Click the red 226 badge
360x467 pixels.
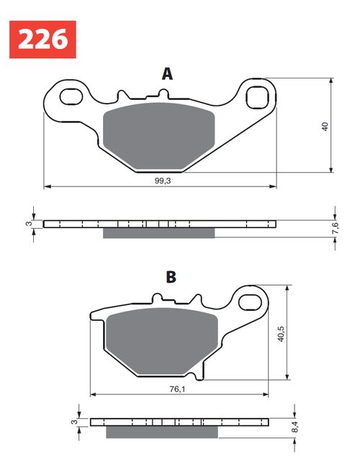click(x=42, y=39)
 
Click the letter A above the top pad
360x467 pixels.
click(x=167, y=73)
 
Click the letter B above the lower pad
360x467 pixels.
click(x=171, y=277)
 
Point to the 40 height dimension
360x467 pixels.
click(x=325, y=127)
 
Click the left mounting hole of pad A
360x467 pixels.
click(x=71, y=94)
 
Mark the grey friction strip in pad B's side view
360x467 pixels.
click(x=161, y=432)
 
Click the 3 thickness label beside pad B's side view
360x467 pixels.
click(x=74, y=422)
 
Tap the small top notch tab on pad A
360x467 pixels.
click(x=162, y=94)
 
